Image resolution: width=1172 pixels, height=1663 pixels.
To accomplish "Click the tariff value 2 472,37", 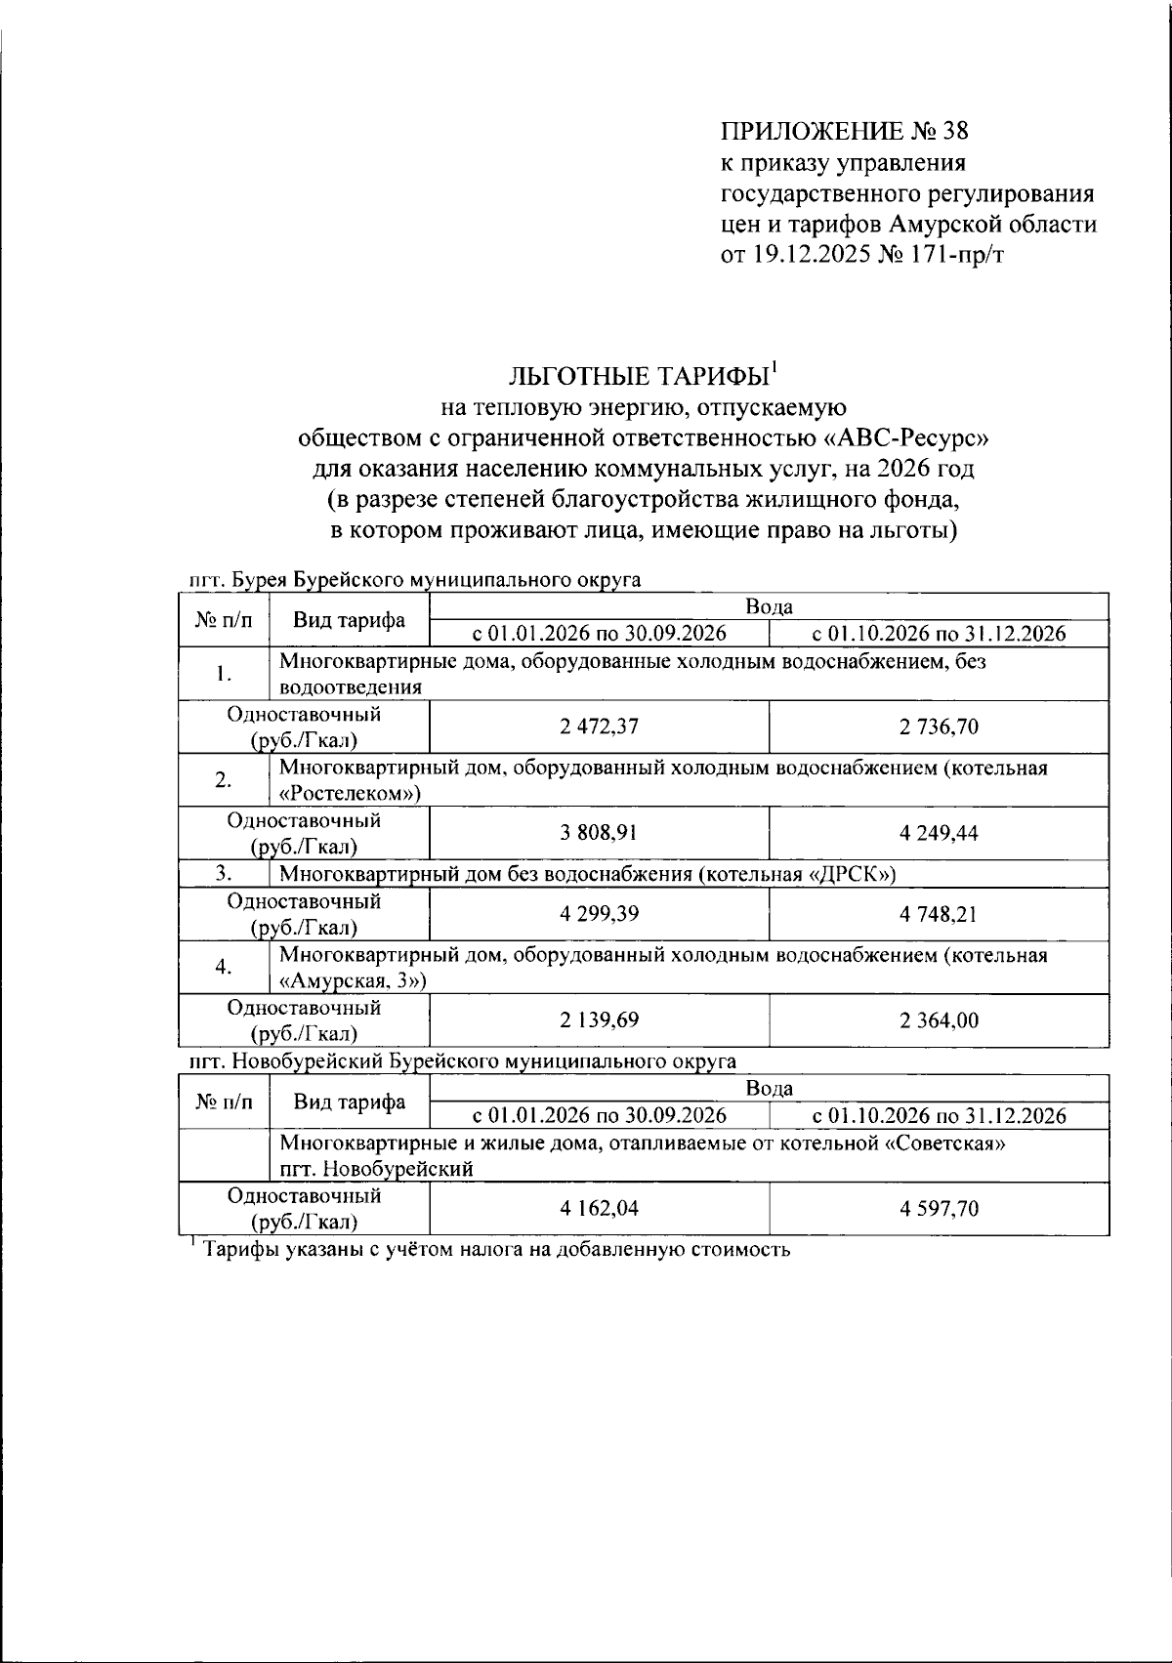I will coord(599,727).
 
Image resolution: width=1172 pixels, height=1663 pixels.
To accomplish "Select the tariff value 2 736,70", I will coord(939,727).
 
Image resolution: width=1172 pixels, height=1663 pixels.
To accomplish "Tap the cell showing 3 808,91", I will coord(599,833).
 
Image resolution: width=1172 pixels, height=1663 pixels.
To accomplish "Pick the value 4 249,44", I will coord(939,833).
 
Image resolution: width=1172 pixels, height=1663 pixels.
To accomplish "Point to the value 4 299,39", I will coord(599,914).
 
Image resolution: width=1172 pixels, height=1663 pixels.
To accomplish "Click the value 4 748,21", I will coord(939,914).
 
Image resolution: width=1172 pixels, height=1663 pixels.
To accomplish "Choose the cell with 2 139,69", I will coord(599,1020).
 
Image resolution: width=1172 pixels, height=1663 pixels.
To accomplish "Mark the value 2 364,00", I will coord(939,1020).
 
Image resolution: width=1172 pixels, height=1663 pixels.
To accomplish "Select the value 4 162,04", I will coord(599,1209).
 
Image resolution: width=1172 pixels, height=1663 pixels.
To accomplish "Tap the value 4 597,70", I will coord(939,1209).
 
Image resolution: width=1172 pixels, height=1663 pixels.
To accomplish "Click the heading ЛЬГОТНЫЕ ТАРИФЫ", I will coord(640,377).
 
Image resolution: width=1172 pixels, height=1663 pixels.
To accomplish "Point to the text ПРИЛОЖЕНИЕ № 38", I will coord(844,131).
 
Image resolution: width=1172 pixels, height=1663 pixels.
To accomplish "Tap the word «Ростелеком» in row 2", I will coord(350,793).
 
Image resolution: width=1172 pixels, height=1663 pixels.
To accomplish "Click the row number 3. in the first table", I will coord(223,873).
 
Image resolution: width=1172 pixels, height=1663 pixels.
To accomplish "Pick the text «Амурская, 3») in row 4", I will coord(354,980).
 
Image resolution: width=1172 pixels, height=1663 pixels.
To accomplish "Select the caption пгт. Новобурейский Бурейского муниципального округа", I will coord(461,1060).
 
